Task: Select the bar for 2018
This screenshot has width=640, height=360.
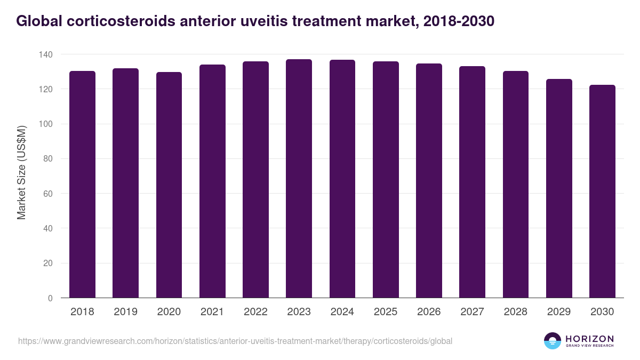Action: [82, 185]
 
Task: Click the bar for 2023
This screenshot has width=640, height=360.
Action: [299, 179]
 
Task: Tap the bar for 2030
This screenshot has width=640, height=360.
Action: [602, 191]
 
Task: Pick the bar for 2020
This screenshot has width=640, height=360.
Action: [169, 185]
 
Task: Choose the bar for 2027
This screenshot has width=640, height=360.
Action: [472, 182]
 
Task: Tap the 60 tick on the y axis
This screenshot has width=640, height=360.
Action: [48, 194]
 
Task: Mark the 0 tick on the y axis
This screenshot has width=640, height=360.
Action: [50, 298]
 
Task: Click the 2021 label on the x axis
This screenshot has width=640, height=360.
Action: [212, 311]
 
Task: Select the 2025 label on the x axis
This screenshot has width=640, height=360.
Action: [386, 311]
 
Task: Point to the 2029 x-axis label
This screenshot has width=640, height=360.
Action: [559, 311]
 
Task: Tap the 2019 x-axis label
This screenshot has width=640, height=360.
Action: [125, 311]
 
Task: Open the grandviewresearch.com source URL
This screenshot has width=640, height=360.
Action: [235, 341]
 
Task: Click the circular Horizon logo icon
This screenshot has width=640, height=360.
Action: [552, 341]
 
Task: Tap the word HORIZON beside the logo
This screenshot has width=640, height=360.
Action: [589, 338]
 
